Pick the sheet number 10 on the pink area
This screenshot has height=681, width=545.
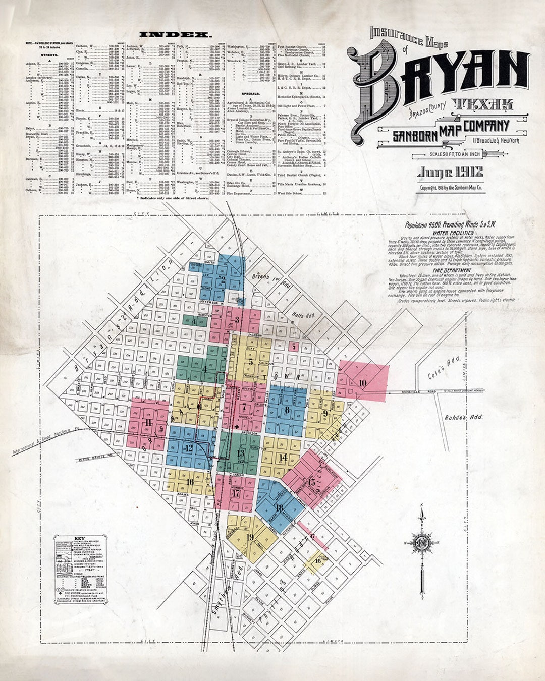point(362,382)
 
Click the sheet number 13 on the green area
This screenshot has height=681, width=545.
point(240,453)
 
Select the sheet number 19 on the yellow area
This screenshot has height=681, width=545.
point(250,536)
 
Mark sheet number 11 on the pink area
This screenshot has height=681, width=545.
point(148,422)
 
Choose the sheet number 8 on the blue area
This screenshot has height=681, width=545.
point(287,409)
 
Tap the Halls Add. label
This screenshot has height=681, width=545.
point(303,315)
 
